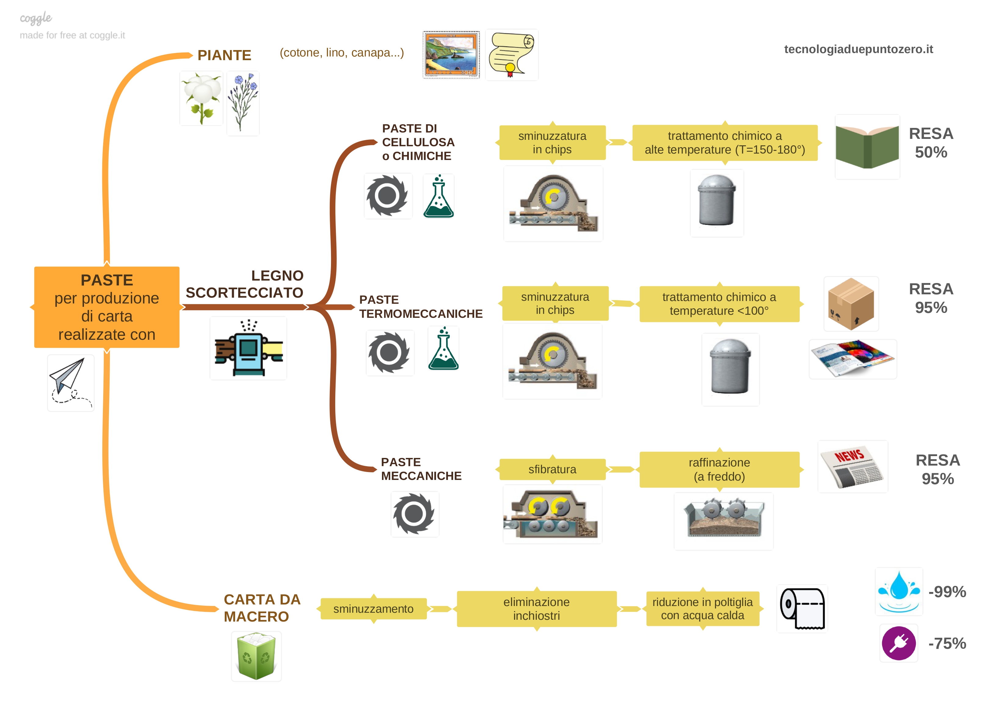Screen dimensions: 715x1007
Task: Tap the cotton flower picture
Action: coord(202,99)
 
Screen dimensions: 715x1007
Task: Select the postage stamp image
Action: coord(451,55)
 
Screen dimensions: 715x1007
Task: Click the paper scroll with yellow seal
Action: coord(512,55)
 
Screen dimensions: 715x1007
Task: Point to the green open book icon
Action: coord(867,147)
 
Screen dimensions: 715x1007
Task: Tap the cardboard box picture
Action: coord(851,304)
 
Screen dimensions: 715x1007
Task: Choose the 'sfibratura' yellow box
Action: coord(552,469)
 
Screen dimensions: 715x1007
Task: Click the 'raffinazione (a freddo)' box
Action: coord(719,469)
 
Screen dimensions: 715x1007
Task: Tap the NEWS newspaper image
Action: coord(852,467)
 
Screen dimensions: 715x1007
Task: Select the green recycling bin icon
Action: coord(256,656)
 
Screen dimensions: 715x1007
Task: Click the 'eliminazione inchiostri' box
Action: coord(536,608)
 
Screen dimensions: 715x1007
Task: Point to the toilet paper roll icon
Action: coord(802,608)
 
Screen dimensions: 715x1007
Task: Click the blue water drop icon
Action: coord(899,591)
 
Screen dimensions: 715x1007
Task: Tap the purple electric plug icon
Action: coord(899,643)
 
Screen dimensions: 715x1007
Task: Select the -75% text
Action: coord(947,643)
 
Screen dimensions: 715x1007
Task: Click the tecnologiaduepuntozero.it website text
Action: coord(858,49)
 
